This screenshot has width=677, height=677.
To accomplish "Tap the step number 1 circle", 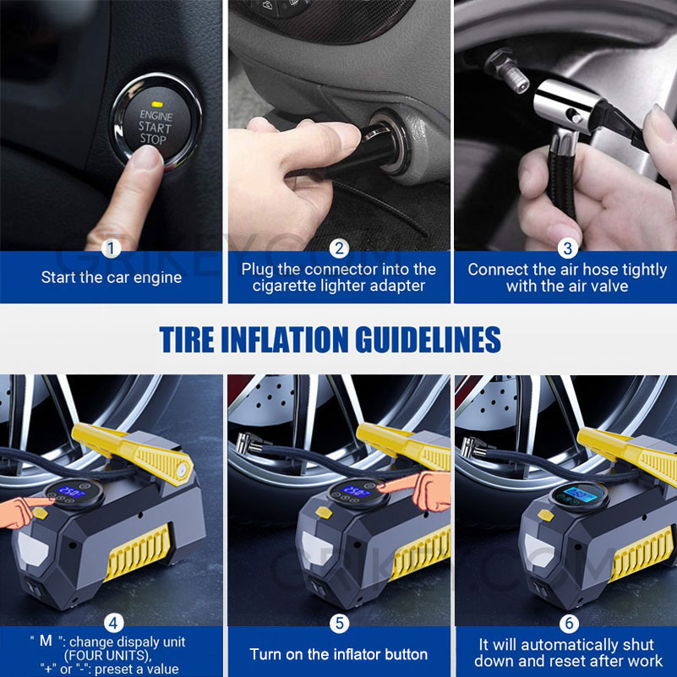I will click(112, 248).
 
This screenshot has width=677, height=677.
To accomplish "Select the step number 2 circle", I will click(339, 248).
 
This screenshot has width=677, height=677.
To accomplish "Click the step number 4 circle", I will click(112, 624).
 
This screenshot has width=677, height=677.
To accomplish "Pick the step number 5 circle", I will click(339, 624).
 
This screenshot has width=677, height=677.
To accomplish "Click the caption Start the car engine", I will click(112, 277).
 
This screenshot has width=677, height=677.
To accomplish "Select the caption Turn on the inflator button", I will click(339, 654).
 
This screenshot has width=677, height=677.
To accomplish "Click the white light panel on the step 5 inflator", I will click(320, 538).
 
